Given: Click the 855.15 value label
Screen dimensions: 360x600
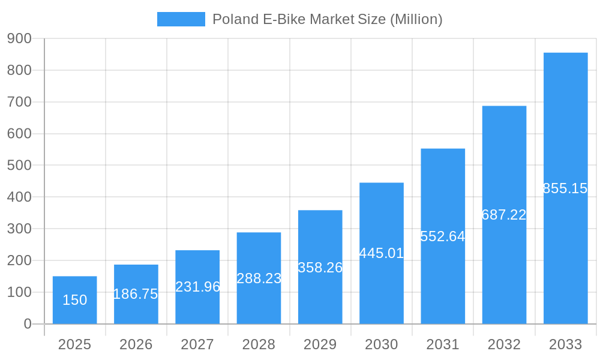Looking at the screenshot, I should [x=565, y=188].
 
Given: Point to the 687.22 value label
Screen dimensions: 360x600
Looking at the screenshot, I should [x=504, y=215].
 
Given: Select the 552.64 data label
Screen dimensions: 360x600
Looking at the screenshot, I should [x=443, y=236].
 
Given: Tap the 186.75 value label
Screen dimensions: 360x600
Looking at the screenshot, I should [x=136, y=294].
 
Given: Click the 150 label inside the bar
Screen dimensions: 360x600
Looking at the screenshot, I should [x=74, y=300].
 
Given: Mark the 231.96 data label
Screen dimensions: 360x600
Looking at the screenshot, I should [x=197, y=287].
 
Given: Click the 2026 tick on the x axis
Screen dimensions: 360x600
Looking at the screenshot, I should [x=136, y=344].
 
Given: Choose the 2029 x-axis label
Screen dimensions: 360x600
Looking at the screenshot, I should [x=320, y=344].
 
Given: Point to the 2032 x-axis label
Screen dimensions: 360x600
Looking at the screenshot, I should [x=504, y=344].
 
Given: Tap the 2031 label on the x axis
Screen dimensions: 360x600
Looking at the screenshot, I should [x=443, y=344].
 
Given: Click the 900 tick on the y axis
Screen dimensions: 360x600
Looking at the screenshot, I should [x=19, y=38].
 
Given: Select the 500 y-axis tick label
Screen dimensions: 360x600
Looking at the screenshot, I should [x=19, y=165].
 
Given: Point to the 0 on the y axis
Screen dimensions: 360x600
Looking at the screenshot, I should [x=27, y=324].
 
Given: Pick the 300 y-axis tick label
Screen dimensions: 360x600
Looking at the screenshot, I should [x=19, y=229].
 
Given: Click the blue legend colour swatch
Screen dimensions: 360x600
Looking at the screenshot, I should [x=181, y=19].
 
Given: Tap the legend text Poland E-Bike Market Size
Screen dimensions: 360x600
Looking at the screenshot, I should [x=327, y=19].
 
